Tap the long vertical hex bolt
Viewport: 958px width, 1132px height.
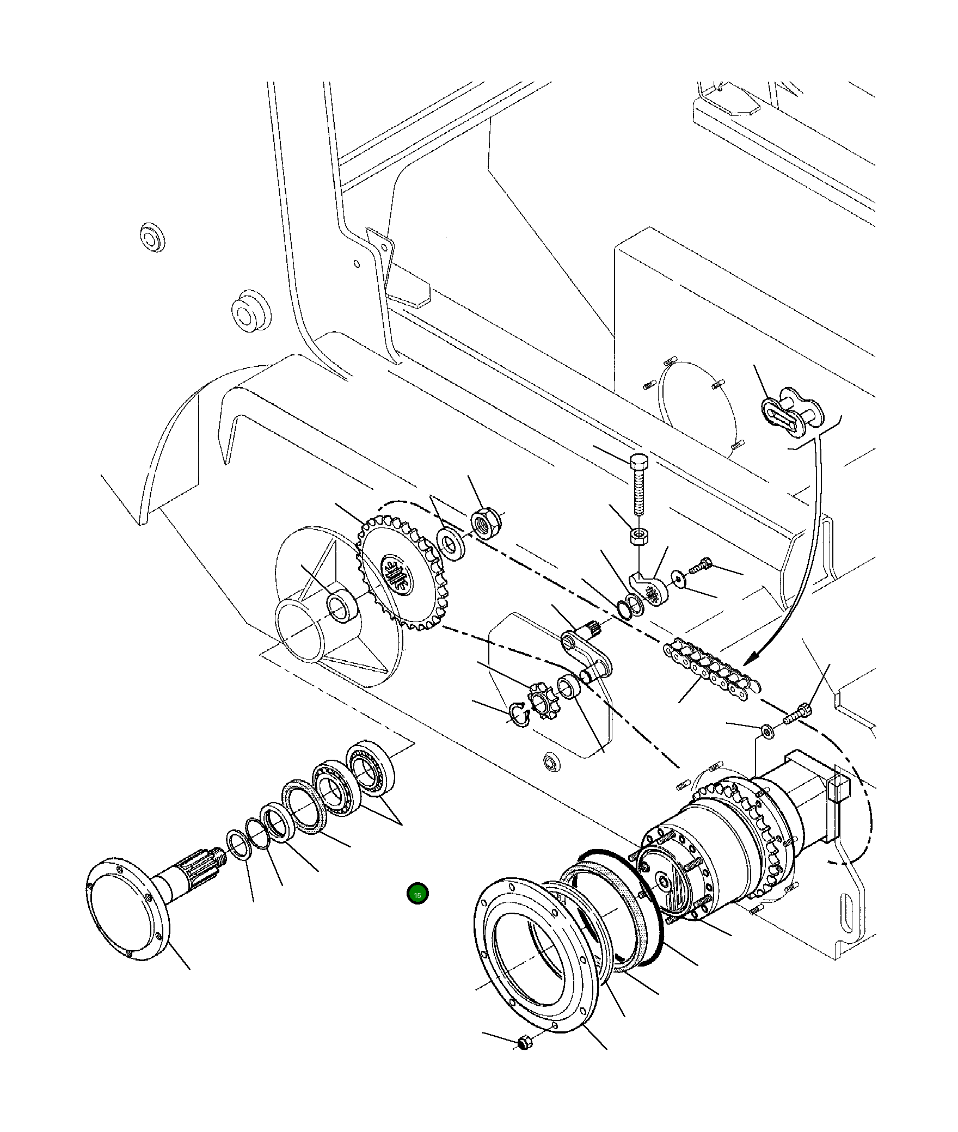[638, 487]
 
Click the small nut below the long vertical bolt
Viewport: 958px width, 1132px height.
[637, 536]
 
